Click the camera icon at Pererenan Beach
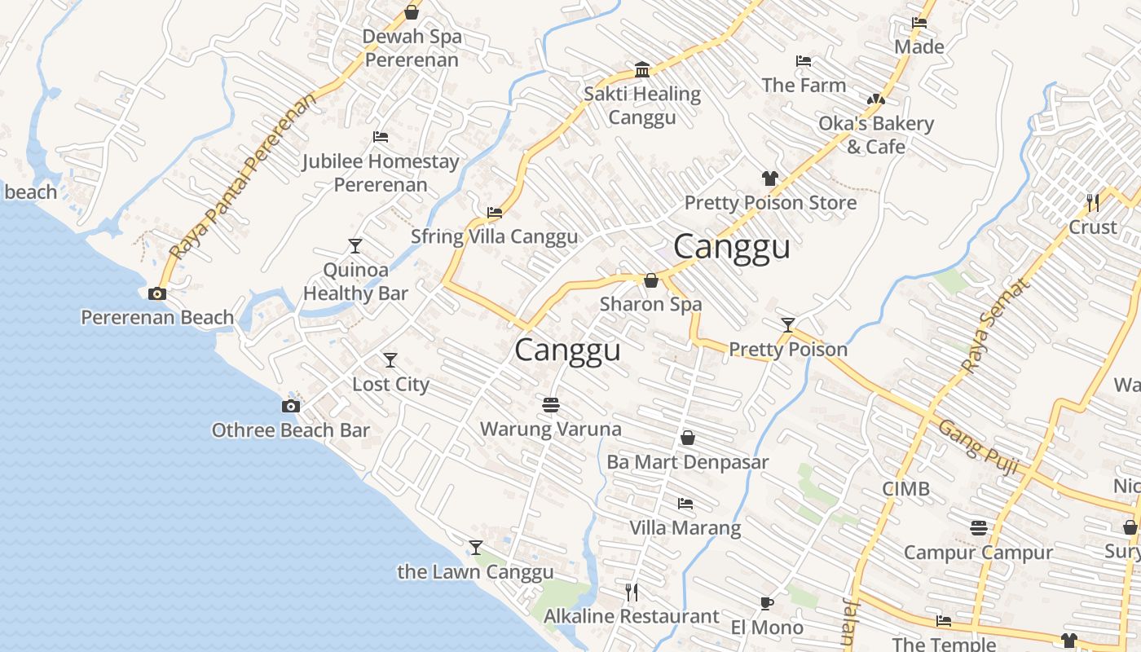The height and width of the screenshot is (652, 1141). [x=157, y=293]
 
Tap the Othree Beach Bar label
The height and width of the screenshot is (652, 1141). [x=291, y=430]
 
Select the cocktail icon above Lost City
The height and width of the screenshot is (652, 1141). [x=390, y=359]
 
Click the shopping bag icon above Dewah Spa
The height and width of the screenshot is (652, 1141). [x=412, y=12]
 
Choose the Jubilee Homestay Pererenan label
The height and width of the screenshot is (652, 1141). [x=381, y=173]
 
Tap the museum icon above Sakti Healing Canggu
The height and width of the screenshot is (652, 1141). [x=642, y=69]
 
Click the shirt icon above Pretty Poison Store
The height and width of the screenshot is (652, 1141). [x=770, y=178]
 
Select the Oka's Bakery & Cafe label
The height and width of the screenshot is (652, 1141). [x=876, y=135]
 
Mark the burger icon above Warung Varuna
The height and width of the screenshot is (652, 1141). [x=550, y=404]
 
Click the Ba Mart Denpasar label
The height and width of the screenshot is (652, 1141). [x=687, y=462]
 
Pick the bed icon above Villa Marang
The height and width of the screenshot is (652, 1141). [x=685, y=504]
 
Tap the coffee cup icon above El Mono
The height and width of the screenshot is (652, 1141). [x=766, y=603]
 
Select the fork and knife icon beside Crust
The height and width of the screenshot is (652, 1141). [x=1093, y=201]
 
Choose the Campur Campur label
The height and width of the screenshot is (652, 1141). [x=978, y=553]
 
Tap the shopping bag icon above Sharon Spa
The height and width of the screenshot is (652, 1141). [x=651, y=280]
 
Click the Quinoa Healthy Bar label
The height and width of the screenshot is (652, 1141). [x=355, y=281]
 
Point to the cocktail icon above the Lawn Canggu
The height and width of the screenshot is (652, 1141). [x=476, y=548]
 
